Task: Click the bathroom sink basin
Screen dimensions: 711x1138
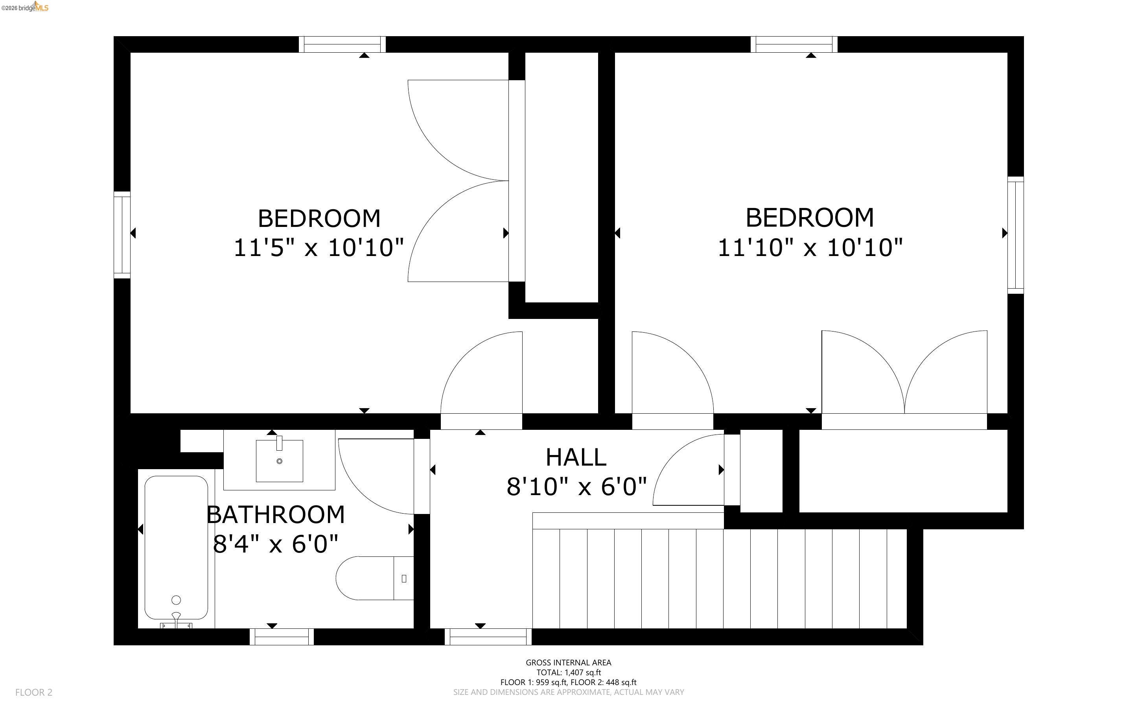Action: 279,461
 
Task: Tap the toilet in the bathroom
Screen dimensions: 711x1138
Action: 371,578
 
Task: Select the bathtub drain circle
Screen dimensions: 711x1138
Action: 176,600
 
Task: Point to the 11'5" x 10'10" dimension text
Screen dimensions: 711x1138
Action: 319,248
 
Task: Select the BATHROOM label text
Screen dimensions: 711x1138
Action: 276,515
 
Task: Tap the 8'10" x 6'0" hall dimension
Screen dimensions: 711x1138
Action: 577,487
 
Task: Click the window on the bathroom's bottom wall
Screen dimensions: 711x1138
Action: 282,637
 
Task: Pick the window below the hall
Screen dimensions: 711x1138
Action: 488,637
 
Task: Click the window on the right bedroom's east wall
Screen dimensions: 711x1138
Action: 1015,235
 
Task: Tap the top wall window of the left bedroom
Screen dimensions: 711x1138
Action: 342,44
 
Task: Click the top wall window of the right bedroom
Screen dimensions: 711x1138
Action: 794,44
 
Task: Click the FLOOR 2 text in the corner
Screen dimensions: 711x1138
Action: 34,692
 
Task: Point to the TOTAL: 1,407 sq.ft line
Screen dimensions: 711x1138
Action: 568,672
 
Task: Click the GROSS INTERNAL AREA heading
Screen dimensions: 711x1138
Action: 568,663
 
